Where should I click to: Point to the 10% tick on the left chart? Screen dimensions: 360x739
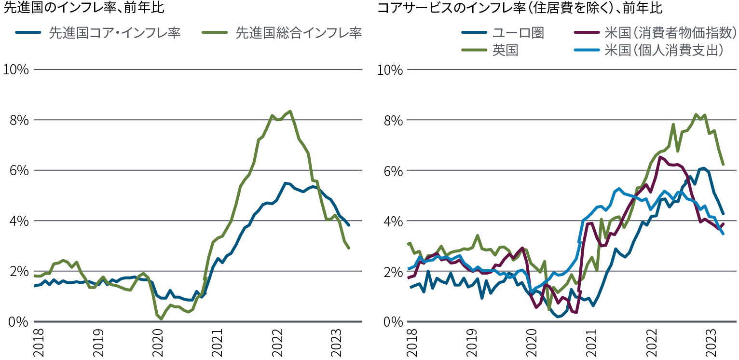pyautogui.click(x=15, y=69)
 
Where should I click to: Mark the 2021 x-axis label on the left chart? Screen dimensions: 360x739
pyautogui.click(x=218, y=343)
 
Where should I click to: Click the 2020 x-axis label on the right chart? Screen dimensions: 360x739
pyautogui.click(x=531, y=343)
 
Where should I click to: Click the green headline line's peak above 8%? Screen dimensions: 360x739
pyautogui.click(x=290, y=111)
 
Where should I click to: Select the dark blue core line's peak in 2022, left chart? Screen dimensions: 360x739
pyautogui.click(x=286, y=183)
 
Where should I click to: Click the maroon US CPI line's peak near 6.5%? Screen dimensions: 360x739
pyautogui.click(x=660, y=157)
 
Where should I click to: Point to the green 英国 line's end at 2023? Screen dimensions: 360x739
pyautogui.click(x=723, y=165)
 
